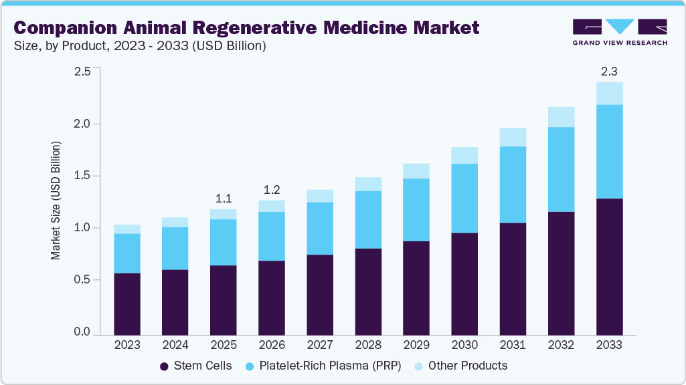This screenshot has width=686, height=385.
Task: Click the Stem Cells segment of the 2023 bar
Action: (x=127, y=304)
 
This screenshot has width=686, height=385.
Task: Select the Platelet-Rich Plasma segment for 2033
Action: (x=610, y=152)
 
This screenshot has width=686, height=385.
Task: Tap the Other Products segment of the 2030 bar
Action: (x=465, y=155)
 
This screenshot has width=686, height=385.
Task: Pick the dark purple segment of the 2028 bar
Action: (x=369, y=292)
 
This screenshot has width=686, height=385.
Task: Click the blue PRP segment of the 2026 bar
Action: (x=272, y=236)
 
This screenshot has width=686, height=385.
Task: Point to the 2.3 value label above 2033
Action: (x=610, y=72)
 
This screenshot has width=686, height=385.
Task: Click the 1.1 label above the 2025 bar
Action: (x=224, y=199)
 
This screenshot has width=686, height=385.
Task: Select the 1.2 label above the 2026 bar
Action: (x=272, y=190)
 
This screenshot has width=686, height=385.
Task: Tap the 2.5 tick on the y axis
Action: (x=82, y=72)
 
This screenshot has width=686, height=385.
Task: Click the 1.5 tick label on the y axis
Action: (x=82, y=176)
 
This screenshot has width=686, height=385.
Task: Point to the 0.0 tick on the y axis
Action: (x=82, y=332)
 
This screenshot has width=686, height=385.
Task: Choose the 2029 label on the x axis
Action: (x=416, y=346)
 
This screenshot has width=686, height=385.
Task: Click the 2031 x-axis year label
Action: (x=513, y=346)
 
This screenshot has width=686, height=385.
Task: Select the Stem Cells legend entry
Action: (x=195, y=366)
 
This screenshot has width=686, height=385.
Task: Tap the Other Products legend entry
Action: (x=460, y=366)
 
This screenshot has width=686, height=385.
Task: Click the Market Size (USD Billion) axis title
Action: (x=56, y=201)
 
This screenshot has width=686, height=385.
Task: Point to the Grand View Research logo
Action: (x=620, y=31)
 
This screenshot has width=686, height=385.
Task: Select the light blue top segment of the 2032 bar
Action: (x=562, y=117)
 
